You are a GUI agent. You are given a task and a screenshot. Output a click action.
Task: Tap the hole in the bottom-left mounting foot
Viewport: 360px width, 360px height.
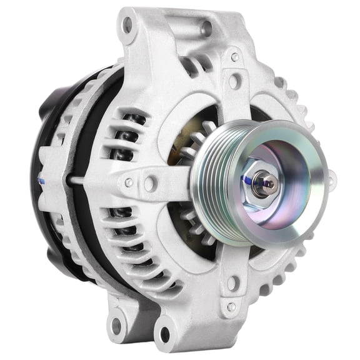[115, 324]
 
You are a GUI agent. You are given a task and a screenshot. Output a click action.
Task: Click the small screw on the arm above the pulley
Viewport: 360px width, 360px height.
[235, 57]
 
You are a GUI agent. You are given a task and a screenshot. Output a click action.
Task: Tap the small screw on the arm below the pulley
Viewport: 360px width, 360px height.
[231, 306]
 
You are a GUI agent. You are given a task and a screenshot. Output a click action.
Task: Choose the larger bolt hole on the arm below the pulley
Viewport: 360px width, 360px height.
[232, 282]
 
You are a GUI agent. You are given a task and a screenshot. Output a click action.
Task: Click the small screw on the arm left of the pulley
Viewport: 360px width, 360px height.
[129, 182]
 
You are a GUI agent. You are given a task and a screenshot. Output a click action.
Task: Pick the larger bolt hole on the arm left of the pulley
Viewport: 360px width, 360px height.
[150, 183]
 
